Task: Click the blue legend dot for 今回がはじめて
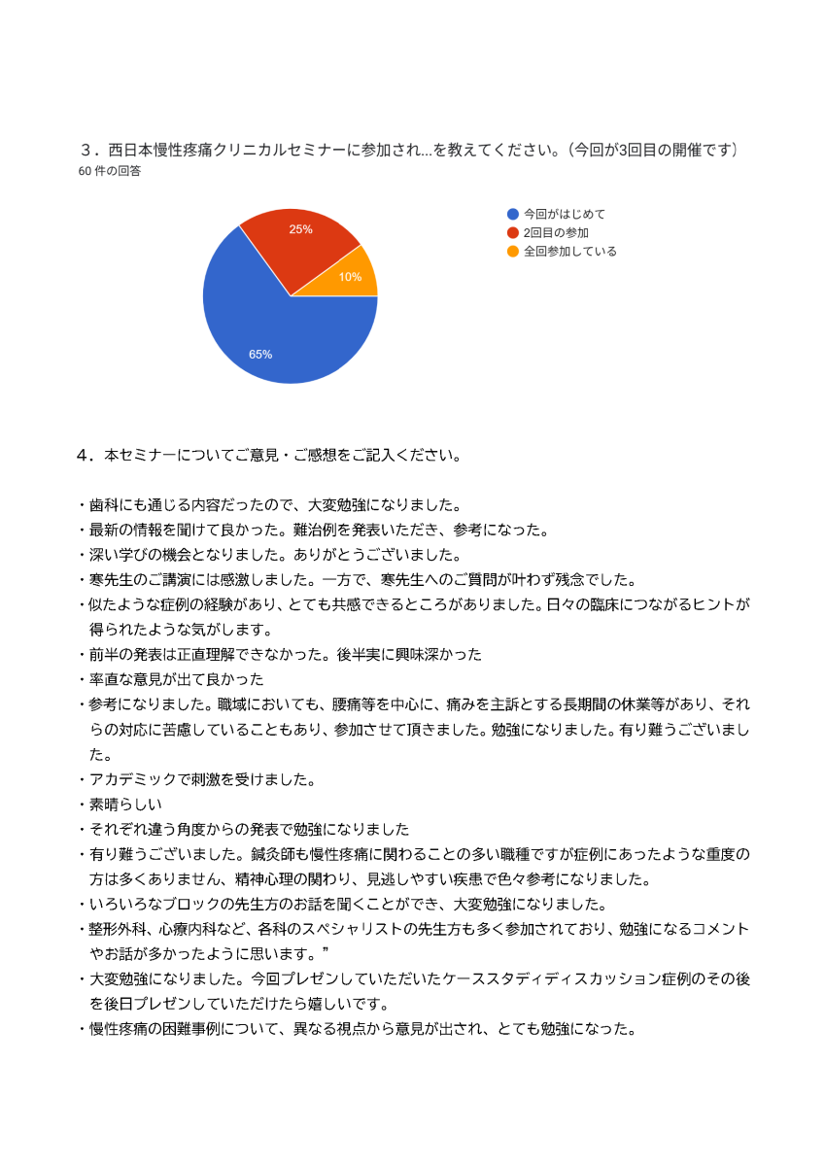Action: tap(513, 214)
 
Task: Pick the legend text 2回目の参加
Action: tap(556, 232)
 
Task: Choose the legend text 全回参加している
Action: tap(569, 251)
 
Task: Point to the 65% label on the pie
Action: tap(260, 355)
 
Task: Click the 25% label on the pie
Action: tap(300, 229)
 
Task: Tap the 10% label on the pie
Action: tap(350, 277)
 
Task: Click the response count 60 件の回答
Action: tap(110, 171)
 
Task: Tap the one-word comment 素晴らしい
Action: tap(125, 805)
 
